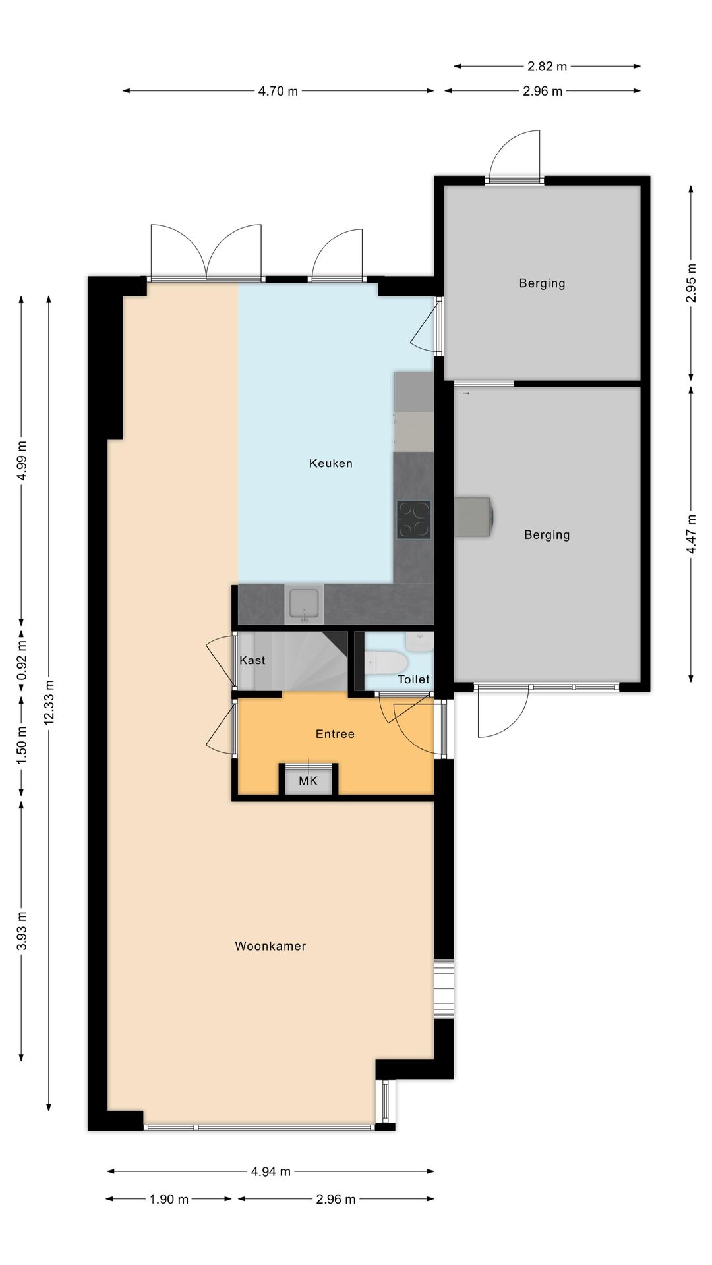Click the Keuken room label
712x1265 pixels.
click(x=330, y=463)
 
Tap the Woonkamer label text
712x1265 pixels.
click(x=270, y=946)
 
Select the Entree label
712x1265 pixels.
click(x=335, y=734)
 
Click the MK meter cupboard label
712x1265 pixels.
click(x=308, y=781)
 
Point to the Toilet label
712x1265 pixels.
click(x=413, y=679)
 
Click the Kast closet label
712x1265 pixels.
click(x=252, y=660)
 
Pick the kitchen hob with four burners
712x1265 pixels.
click(x=414, y=519)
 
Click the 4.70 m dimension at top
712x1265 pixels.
click(x=278, y=91)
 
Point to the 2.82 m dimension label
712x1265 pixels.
click(x=547, y=66)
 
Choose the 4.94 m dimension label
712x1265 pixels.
click(x=270, y=1171)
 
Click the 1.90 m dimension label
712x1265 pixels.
click(x=169, y=1199)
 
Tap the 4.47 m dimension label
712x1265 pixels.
click(x=691, y=534)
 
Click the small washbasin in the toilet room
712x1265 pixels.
click(x=420, y=641)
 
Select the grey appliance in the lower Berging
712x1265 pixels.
click(x=474, y=517)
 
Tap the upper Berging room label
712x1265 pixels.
click(x=542, y=283)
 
